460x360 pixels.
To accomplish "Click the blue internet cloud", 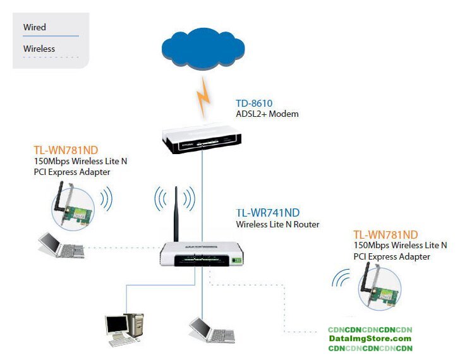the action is tap(203, 48).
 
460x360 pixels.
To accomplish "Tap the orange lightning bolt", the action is tap(203, 97).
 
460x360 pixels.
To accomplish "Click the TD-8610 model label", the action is tap(254, 103).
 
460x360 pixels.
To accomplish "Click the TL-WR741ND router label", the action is tap(268, 213).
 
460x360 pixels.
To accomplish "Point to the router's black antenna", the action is tap(176, 214).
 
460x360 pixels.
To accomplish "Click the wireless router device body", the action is tap(202, 254).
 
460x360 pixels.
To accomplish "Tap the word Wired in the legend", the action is tap(35, 27).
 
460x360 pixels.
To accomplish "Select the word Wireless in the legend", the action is tap(39, 49).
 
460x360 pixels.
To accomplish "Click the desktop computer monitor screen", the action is tap(117, 325).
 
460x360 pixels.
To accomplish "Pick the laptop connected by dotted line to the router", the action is tap(61, 246).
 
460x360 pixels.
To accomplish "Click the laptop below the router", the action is tap(212, 330).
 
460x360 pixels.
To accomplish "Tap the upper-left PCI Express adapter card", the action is tap(73, 205).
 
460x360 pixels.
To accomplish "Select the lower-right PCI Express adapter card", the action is tap(379, 287).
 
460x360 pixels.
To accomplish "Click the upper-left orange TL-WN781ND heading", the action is tap(66, 150).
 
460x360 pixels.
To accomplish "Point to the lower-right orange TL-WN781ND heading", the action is tap(385, 234).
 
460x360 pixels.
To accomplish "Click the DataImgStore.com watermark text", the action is tap(370, 339).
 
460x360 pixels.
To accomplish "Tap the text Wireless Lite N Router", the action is tap(277, 225).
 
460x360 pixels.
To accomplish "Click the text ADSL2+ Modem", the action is tap(267, 114).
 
